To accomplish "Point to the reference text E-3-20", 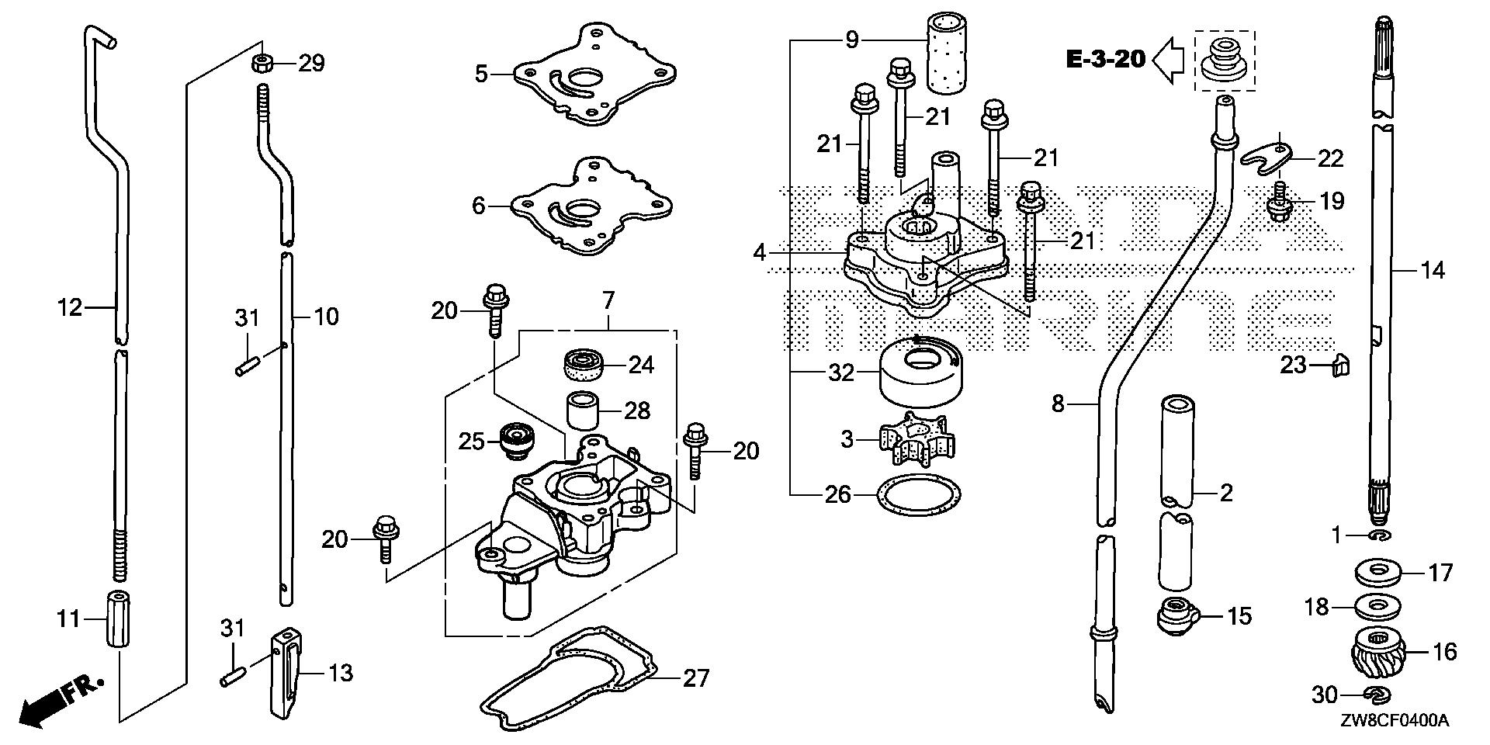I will click(x=1105, y=59).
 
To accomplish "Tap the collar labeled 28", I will click(x=584, y=411).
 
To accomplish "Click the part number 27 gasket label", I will click(x=695, y=678).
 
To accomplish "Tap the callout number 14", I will click(x=1433, y=270).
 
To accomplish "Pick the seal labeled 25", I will click(x=512, y=441).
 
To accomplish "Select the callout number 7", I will click(x=608, y=299).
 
